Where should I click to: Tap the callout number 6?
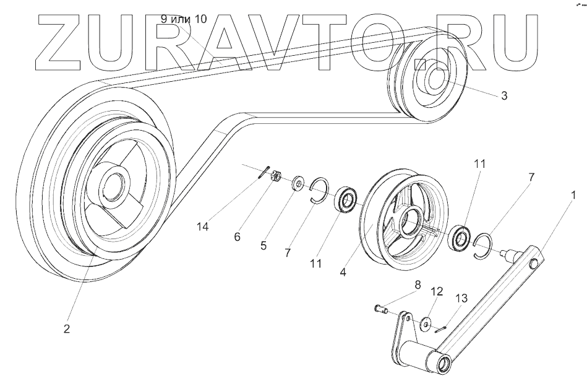point(238,236)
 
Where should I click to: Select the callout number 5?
point(264,245)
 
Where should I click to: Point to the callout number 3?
point(504,96)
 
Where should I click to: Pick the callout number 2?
point(66,328)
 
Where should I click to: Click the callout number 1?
point(573,195)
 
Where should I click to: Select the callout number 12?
point(437,291)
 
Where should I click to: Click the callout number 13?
point(460,299)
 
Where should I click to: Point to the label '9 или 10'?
point(184,19)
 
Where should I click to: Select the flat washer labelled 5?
point(297,183)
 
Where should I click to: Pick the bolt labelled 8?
point(381,308)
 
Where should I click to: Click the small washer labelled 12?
point(426,323)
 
